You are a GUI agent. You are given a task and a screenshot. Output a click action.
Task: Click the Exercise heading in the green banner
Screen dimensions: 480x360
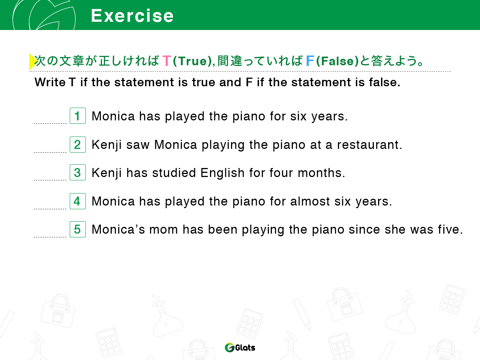132,16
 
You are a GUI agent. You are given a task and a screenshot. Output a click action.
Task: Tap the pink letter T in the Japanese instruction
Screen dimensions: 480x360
166,61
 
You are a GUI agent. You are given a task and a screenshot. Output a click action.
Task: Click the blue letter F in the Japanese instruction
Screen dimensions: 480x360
310,61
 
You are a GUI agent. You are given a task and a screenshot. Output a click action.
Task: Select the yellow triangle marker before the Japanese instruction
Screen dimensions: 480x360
33,61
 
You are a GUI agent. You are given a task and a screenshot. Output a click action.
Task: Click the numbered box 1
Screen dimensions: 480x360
78,115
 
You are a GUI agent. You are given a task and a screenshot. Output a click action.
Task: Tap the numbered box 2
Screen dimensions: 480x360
78,144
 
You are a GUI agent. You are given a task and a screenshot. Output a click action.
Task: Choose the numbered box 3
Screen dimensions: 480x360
78,172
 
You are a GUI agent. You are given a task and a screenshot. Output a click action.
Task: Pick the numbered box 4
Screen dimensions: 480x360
78,201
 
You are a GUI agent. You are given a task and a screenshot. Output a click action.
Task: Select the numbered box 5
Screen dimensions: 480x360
78,229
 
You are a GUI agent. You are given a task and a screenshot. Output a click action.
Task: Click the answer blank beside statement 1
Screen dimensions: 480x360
50,123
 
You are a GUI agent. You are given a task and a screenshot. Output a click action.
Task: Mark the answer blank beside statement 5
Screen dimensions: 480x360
50,237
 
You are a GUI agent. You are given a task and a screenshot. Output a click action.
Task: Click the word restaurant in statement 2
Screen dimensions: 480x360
368,145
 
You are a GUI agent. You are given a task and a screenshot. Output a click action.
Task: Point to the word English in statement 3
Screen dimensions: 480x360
222,173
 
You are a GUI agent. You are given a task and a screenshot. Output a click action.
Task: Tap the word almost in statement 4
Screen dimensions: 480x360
310,201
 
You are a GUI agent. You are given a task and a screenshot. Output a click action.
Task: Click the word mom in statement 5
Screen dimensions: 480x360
163,230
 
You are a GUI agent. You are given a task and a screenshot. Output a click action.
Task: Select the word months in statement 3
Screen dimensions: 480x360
320,173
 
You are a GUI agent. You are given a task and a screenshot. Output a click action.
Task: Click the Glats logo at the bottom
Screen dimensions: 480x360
240,347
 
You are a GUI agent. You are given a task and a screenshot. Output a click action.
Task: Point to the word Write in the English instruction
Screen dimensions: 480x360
50,82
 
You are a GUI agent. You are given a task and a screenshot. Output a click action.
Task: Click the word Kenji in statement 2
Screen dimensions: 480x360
106,145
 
